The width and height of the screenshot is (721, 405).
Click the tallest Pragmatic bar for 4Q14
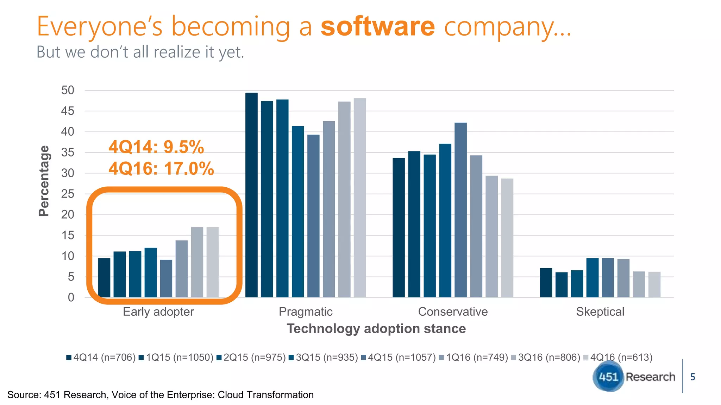[x=251, y=195]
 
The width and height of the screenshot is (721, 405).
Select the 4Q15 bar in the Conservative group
[x=460, y=210]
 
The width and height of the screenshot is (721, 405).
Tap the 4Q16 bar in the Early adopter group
[x=213, y=262]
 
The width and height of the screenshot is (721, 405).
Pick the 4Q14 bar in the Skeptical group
[x=546, y=283]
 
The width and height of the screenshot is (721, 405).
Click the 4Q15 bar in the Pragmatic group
[x=313, y=216]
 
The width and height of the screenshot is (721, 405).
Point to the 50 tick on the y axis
[x=68, y=90]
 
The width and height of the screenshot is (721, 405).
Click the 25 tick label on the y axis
[x=68, y=194]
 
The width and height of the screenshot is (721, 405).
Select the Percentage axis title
[x=44, y=181]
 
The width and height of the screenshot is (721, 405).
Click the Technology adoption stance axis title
[x=376, y=328]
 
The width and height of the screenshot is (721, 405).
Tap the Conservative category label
[x=453, y=311]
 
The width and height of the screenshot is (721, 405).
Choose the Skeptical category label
[x=600, y=311]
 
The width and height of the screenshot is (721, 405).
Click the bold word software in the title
[x=378, y=27]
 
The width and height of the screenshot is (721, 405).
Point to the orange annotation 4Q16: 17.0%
[x=161, y=168]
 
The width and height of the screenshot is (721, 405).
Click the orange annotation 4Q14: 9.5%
[x=156, y=147]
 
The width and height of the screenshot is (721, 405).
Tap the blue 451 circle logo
[x=608, y=377]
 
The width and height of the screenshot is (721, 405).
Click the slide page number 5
[x=692, y=377]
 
